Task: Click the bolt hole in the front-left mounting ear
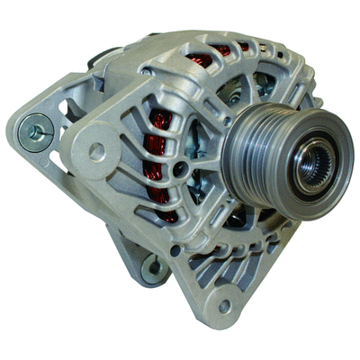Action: (x=95, y=152)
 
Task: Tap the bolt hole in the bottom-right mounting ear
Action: (x=224, y=307)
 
